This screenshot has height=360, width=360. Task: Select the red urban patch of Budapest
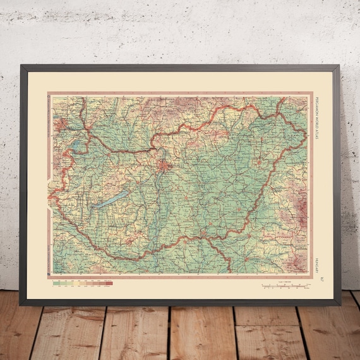coord(165,167)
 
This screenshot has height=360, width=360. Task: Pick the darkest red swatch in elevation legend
coord(108,282)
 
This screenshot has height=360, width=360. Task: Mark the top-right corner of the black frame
coord(339,64)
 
